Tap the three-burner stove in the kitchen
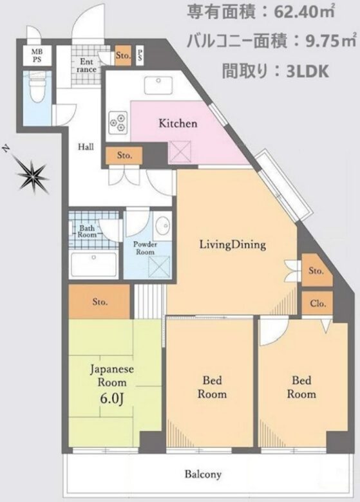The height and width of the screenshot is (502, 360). point(118,123)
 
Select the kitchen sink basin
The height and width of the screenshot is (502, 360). point(159,86)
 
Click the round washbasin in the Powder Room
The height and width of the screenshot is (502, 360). point(164,225)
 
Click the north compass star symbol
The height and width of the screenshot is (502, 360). point(32,173)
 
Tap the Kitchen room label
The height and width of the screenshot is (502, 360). point(178,124)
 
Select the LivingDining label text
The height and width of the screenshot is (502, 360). point(232,245)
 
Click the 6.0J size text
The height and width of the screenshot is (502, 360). point(112,398)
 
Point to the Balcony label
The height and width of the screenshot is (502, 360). point(203,474)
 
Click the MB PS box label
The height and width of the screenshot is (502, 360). point(37,55)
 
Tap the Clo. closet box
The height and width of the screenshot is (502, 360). point(317,303)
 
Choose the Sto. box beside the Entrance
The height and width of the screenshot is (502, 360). point(123,56)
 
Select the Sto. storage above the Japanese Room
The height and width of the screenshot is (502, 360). point(100,302)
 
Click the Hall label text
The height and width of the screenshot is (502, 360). point(86,147)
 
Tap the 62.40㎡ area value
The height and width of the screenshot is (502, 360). point(304,13)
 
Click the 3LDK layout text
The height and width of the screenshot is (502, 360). point(308,72)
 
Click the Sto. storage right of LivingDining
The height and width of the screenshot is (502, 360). point(316,270)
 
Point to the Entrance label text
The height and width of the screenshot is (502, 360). point(86,64)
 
